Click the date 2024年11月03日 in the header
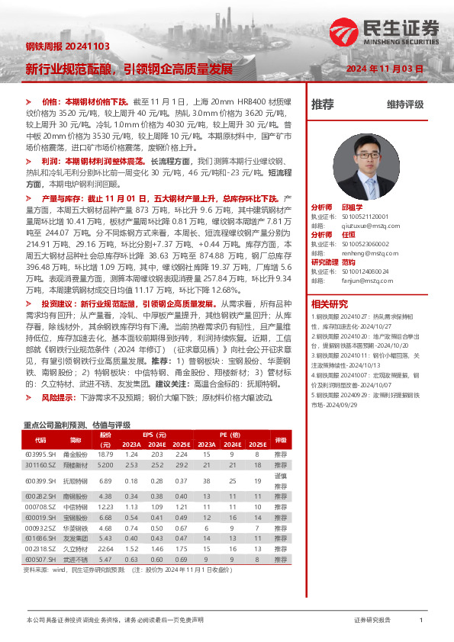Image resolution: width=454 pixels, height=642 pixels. pos(385,69)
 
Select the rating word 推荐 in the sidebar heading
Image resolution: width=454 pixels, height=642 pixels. pos(323,104)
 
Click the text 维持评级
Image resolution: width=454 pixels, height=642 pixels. pos(404,104)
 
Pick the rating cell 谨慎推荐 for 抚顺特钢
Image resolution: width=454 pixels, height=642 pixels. pos(281,481)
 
